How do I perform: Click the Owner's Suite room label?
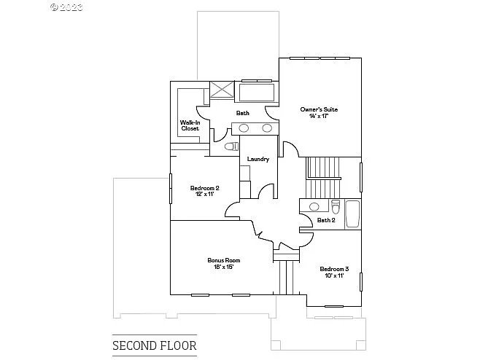point(319,109)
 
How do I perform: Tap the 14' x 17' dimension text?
point(319,117)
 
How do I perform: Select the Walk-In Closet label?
point(190,125)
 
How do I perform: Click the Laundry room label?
point(258,159)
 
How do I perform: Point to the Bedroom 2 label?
point(204,188)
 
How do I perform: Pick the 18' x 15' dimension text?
point(223,267)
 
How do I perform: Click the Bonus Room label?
point(223,260)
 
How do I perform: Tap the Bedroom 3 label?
point(334,269)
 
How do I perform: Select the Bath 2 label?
point(326,220)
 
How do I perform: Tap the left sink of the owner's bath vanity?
point(244,128)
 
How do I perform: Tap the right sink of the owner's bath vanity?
point(267,128)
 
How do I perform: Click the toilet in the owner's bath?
point(231,147)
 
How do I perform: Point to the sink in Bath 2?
point(314,206)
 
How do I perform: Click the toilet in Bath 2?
point(335,205)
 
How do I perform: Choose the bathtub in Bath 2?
point(352,213)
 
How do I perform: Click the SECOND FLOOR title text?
point(154,345)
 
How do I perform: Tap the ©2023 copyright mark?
point(66,7)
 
